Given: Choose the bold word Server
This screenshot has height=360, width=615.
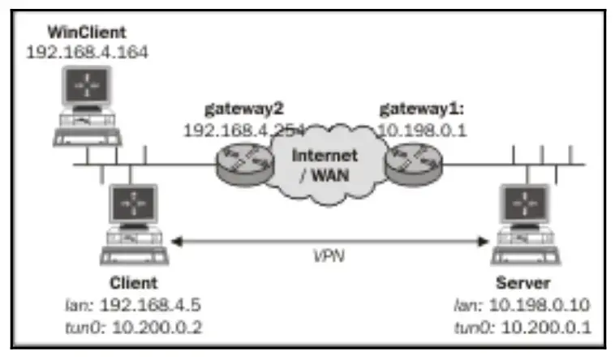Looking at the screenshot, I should (527, 285).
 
